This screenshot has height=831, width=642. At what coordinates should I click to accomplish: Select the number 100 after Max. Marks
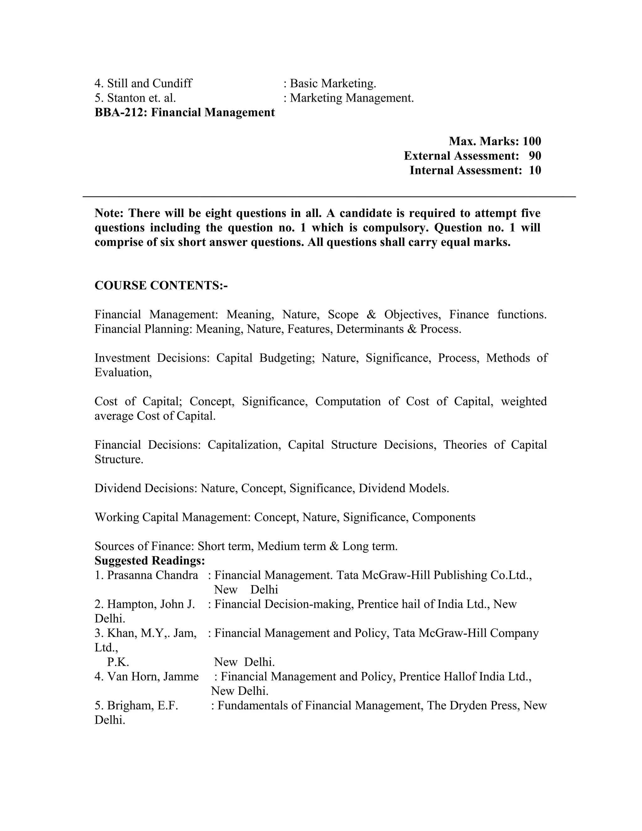pyautogui.click(x=531, y=141)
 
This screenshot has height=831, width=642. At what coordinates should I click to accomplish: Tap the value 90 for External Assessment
pyautogui.click(x=534, y=156)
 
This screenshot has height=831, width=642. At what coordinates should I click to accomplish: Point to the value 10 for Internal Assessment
pyautogui.click(x=534, y=171)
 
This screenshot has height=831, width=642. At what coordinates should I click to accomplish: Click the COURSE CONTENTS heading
pyautogui.click(x=161, y=285)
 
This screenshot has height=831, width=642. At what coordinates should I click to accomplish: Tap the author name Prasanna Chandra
pyautogui.click(x=152, y=575)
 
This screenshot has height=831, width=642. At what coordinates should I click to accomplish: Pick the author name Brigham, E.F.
pyautogui.click(x=142, y=706)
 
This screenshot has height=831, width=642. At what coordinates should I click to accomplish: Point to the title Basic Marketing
pyautogui.click(x=333, y=83)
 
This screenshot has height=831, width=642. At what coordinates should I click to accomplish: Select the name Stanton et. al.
pyautogui.click(x=141, y=98)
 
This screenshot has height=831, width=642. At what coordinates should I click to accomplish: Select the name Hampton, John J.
pyautogui.click(x=150, y=604)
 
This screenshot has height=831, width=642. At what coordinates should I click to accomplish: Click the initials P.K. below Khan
pyautogui.click(x=118, y=662)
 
